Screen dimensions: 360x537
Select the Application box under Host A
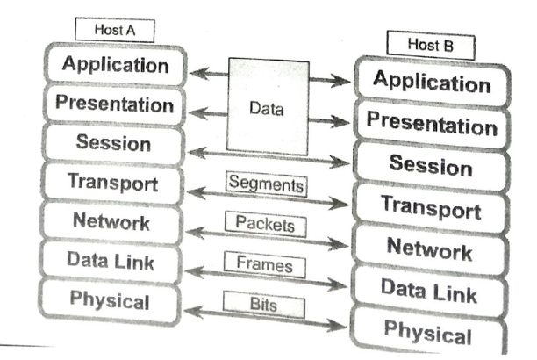(115, 66)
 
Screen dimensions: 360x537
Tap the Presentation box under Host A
(114, 104)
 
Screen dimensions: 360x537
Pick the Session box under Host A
(114, 142)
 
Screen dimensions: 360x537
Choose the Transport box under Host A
(114, 183)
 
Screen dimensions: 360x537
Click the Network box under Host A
(114, 221)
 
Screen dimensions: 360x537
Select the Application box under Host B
(431, 83)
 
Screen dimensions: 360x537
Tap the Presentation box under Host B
(431, 124)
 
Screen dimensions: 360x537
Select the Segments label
(265, 185)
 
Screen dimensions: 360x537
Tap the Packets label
(264, 224)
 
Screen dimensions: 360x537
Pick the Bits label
(264, 303)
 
